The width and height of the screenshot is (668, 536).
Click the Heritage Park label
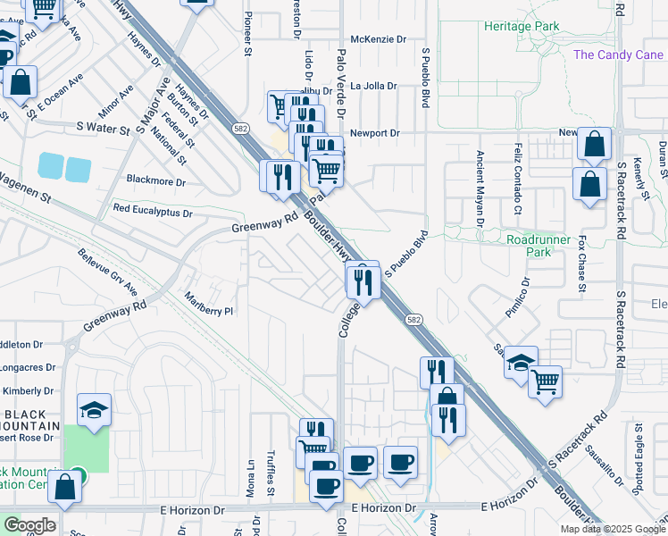click(x=522, y=26)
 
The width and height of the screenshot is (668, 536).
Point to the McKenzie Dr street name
click(x=378, y=39)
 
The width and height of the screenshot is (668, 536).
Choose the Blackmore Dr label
click(x=155, y=181)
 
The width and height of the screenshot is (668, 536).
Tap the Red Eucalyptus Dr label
click(x=153, y=213)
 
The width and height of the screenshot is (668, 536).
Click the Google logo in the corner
click(x=29, y=525)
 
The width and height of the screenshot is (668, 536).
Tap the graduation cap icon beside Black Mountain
click(x=95, y=409)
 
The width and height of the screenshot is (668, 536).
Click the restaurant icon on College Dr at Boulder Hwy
click(x=363, y=281)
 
